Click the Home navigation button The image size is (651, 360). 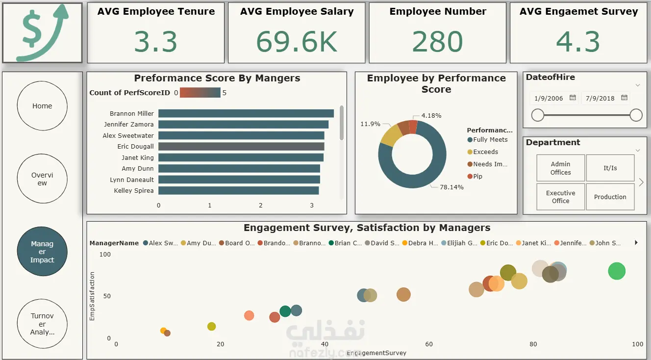point(42,106)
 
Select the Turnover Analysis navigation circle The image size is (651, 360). point(42,324)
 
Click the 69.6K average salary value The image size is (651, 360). point(297,42)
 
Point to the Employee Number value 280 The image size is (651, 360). point(437,42)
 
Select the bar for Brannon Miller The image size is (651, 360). point(246,113)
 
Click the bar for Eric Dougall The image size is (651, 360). point(241,146)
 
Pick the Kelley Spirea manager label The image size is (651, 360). point(133,190)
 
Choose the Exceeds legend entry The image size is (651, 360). point(485,152)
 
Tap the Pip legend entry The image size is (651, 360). point(477,176)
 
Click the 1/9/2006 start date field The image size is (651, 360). point(549,98)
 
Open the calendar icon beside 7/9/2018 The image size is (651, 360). point(624,98)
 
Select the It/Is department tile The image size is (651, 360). point(610,168)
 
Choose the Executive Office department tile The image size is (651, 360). point(560,197)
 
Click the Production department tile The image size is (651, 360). point(610,197)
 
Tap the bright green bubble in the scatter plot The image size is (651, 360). point(617,271)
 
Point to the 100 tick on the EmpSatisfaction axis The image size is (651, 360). point(105,255)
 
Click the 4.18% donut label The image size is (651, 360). point(431,116)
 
